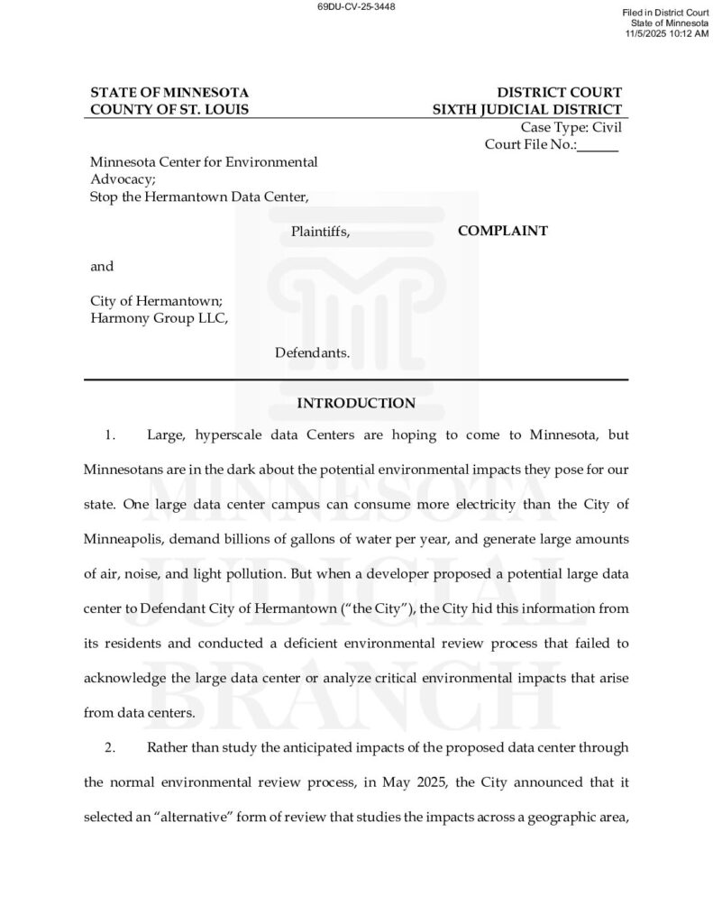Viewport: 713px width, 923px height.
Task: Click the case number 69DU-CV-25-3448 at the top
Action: (356, 6)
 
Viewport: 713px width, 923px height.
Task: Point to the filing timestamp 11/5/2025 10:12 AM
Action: (667, 33)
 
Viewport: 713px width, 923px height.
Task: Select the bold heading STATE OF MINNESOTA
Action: (169, 93)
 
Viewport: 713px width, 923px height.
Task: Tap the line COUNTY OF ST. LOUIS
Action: (169, 110)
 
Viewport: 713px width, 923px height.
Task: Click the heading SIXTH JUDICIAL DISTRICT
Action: (526, 110)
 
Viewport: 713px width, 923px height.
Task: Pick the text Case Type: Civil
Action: (571, 127)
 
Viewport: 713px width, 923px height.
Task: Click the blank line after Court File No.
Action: (599, 145)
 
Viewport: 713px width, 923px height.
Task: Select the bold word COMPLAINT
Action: (502, 231)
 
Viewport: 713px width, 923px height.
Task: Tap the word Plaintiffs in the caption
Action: (320, 232)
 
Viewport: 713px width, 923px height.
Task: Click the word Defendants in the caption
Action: (312, 352)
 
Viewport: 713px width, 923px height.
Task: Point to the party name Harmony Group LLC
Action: (159, 317)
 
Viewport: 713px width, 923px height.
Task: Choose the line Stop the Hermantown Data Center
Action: (200, 196)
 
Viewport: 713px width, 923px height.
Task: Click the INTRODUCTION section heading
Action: (356, 403)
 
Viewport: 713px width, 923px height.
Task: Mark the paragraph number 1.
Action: (110, 435)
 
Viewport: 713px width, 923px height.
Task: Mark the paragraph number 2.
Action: (110, 747)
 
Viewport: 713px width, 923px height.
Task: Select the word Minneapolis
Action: (124, 539)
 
